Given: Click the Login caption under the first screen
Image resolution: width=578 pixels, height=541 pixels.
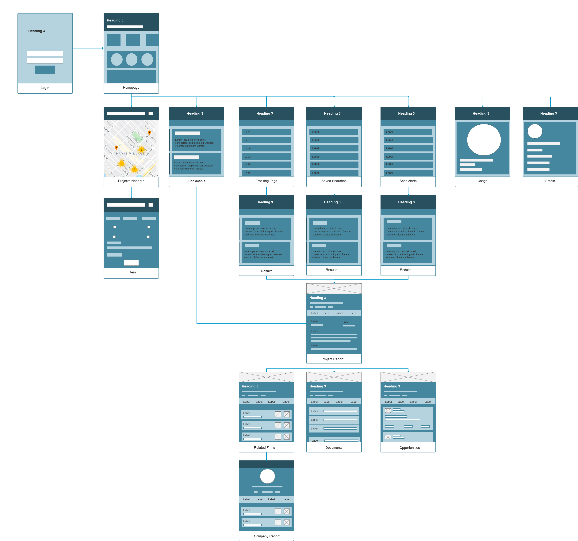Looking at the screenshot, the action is point(45,88).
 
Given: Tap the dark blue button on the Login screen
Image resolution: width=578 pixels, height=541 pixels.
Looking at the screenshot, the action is point(45,70).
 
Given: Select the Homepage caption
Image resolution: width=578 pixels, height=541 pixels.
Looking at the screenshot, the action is point(131,87).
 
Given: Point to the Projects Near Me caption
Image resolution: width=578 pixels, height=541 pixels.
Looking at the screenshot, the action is point(131,181).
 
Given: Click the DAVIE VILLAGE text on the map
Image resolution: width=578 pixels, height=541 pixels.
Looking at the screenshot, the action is point(130,154).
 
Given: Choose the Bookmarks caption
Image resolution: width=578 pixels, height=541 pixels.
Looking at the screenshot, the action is point(197,181).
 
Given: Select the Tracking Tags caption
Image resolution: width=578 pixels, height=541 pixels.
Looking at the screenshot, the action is point(266,181).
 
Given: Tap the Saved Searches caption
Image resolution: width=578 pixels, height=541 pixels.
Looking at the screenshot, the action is point(334,181).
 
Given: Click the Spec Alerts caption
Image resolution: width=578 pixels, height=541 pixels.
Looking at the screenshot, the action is point(408,181).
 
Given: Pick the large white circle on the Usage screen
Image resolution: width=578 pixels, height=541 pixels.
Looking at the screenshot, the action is point(484,140).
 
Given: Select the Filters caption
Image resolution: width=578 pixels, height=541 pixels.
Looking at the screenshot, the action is point(131,272).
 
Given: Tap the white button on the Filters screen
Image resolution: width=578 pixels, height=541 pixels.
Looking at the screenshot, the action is point(131,262).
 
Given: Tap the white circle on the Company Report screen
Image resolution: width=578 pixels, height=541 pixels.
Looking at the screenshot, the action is point(267,476).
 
